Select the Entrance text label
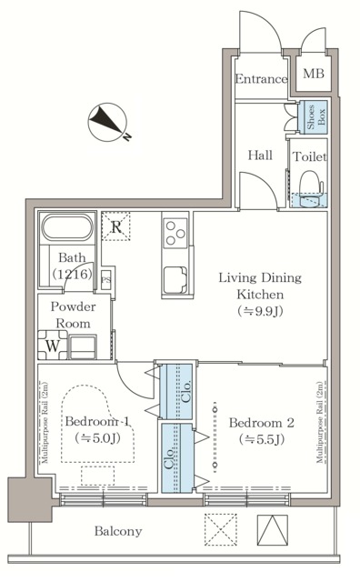(x=262, y=79)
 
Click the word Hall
(x=260, y=156)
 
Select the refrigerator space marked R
(x=115, y=226)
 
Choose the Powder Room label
(x=73, y=315)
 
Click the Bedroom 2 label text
(x=262, y=431)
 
